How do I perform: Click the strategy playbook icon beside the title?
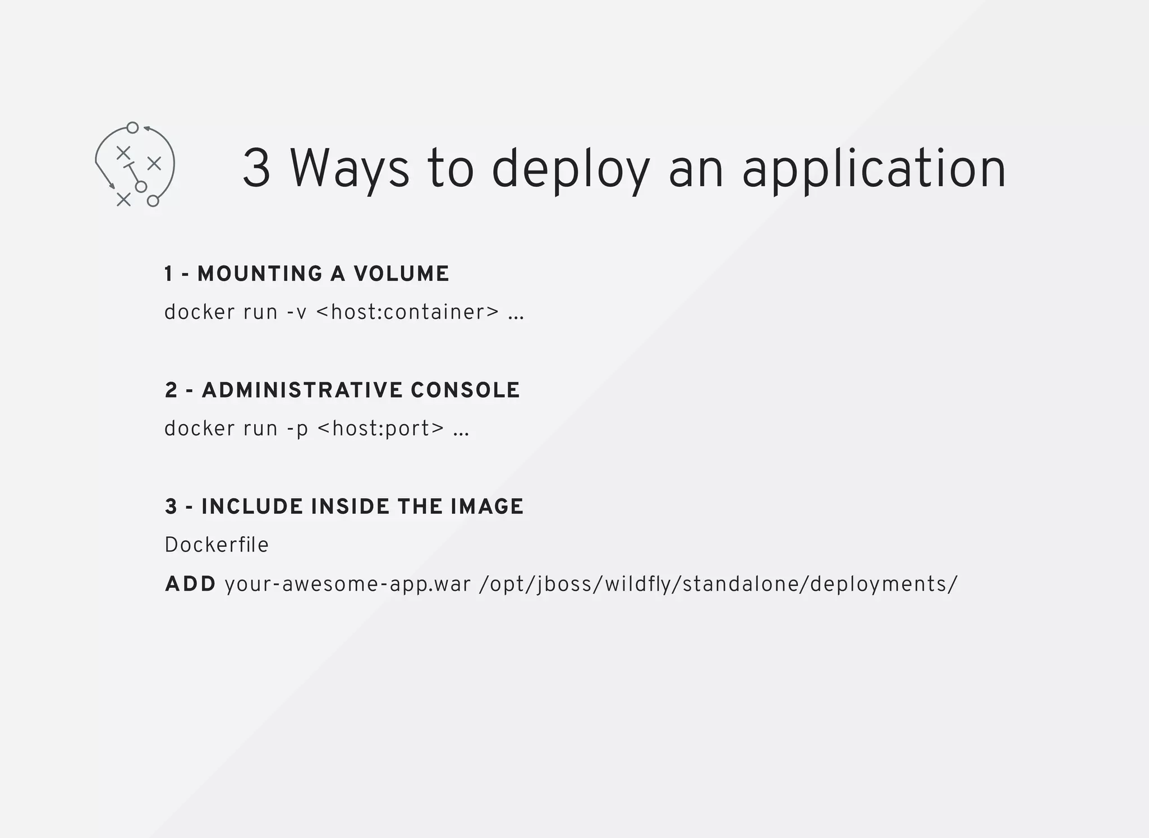click(135, 164)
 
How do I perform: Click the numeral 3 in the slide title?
click(257, 168)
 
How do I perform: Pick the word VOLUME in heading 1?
click(401, 274)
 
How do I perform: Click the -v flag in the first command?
click(297, 312)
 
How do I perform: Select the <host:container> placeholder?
click(407, 312)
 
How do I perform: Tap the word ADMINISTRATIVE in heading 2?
click(302, 390)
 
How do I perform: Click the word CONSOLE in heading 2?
click(465, 390)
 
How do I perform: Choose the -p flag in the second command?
click(297, 429)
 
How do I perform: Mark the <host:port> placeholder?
click(380, 429)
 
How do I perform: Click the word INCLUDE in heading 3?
click(252, 507)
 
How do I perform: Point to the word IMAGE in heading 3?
click(486, 507)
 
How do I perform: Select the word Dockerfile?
click(217, 545)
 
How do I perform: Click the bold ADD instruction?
click(190, 584)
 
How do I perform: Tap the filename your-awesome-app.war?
click(347, 584)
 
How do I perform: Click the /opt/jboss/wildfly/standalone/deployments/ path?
click(718, 584)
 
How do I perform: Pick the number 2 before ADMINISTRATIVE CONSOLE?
click(171, 390)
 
